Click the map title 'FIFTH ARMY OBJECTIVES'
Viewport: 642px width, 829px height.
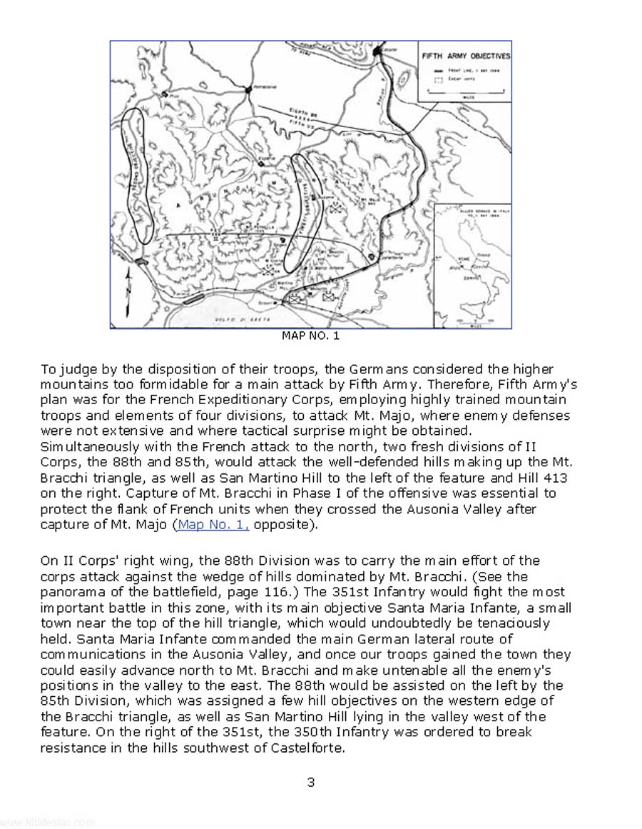tap(465, 56)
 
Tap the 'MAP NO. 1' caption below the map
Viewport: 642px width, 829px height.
tap(311, 336)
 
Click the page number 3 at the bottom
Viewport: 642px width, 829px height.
tap(311, 782)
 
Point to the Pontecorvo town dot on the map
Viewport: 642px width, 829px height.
tap(248, 90)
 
